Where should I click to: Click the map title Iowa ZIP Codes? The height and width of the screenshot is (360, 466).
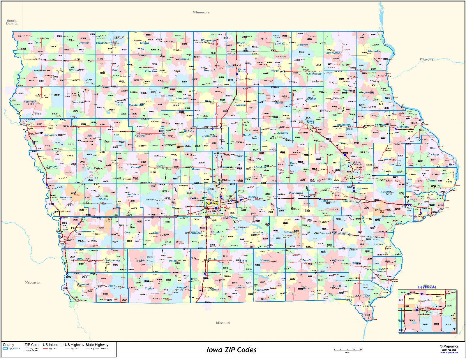[232, 350]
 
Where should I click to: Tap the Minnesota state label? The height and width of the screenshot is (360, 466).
[201, 13]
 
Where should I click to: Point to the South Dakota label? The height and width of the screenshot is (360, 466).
[12, 22]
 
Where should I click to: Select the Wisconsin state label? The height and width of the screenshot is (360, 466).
[428, 59]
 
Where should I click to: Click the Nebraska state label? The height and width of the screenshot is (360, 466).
[33, 283]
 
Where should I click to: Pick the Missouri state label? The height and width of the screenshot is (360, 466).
[223, 323]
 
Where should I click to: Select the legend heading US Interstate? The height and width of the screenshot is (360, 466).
[53, 345]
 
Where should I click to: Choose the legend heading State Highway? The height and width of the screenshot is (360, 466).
[97, 345]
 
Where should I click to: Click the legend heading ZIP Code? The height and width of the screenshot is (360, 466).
[32, 345]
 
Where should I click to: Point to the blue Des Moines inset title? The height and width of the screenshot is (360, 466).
[427, 287]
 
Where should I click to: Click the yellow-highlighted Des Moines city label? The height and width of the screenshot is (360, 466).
[211, 203]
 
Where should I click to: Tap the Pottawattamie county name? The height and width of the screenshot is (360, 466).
[85, 231]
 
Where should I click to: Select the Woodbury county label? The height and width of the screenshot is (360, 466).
[50, 135]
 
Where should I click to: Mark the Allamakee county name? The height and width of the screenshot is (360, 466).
[374, 52]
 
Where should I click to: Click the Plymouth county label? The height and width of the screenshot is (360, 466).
[30, 102]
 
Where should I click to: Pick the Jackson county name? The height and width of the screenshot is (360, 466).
[433, 154]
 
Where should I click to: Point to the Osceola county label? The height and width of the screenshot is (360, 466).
[84, 43]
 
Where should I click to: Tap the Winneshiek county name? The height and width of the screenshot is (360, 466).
[332, 53]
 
